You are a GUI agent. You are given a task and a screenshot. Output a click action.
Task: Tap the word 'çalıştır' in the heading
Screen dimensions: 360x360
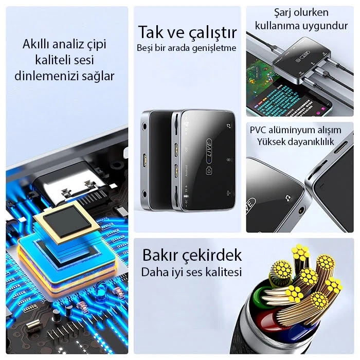(x=211, y=33)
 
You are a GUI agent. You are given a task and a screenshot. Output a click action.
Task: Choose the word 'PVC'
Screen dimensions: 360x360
(x=260, y=130)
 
